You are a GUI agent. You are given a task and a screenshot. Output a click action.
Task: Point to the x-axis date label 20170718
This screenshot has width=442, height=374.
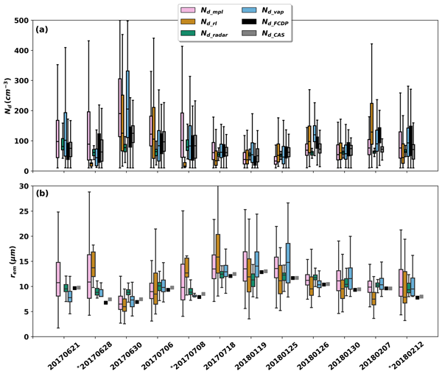214,354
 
